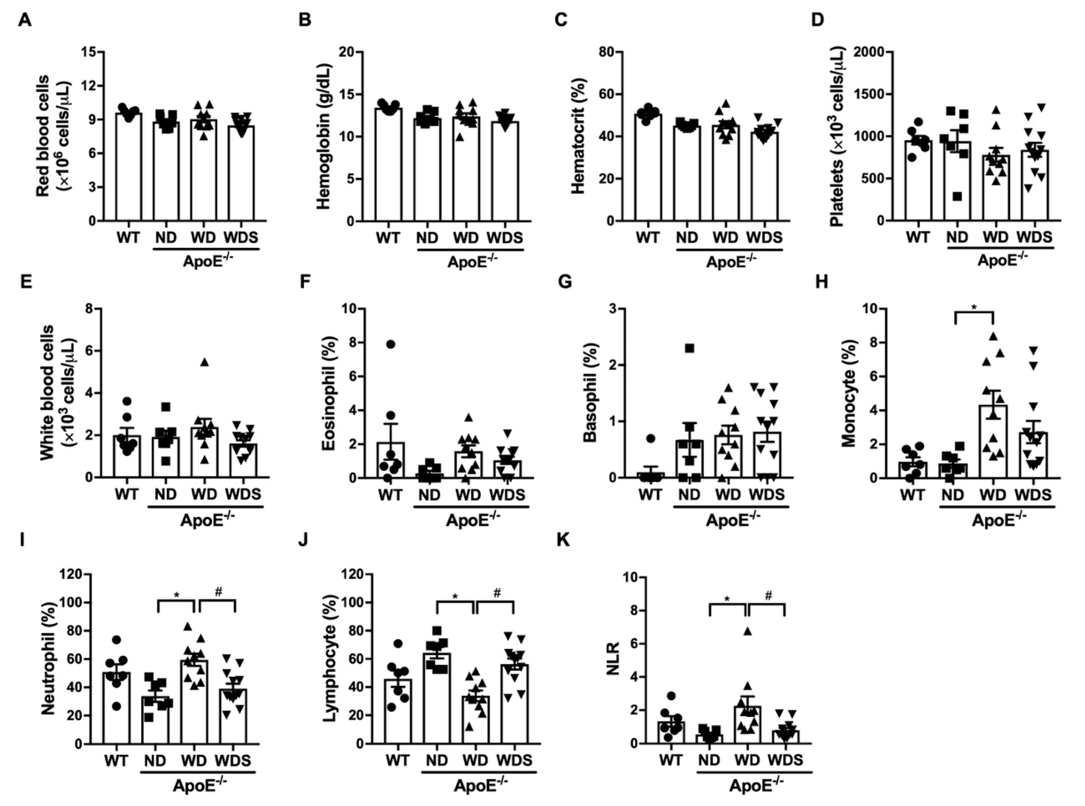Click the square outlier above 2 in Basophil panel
[x=689, y=348]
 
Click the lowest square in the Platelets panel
[x=957, y=197]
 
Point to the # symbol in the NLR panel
[x=769, y=596]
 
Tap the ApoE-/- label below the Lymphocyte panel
[x=480, y=785]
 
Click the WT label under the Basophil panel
[x=650, y=494]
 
